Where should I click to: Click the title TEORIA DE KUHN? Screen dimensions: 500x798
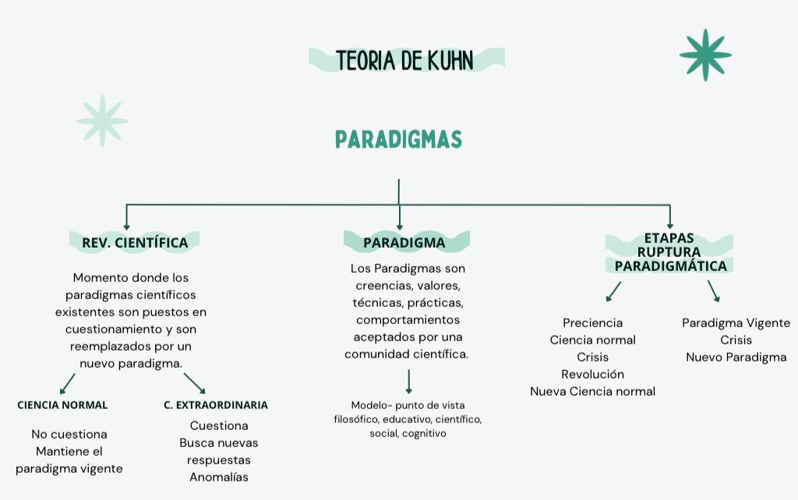(405, 60)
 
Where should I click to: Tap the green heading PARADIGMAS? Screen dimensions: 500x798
(398, 139)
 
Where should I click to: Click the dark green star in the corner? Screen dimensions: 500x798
(705, 55)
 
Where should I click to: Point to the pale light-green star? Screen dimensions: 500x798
(102, 121)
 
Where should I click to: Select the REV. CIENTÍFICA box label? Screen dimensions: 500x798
(135, 243)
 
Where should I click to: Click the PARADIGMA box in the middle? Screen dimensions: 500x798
(404, 243)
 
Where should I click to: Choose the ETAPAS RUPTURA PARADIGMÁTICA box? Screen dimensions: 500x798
(670, 252)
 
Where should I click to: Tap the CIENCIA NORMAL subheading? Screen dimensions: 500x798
(62, 405)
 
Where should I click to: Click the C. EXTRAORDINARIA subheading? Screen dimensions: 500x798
(216, 405)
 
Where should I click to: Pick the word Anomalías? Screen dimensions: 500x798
(219, 477)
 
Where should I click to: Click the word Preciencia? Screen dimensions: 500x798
(592, 322)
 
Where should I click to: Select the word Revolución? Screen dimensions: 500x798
(592, 374)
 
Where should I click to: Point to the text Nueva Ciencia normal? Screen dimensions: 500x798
(592, 391)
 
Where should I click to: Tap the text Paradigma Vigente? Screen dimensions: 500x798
(736, 322)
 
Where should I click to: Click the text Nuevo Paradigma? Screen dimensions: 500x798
(736, 357)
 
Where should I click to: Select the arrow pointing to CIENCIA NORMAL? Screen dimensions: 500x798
(67, 383)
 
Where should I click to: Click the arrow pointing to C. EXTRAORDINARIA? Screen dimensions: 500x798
(195, 383)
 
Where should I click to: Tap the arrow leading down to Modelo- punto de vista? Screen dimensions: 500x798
(408, 381)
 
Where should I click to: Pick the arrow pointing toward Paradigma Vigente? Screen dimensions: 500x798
(713, 290)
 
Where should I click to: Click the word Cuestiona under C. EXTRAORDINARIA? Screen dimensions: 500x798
(219, 425)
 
